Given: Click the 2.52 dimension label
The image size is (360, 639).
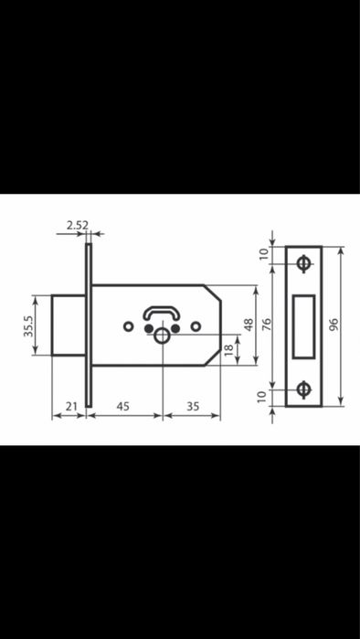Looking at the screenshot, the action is click(x=78, y=226).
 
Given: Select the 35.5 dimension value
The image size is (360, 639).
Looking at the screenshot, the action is click(x=28, y=325).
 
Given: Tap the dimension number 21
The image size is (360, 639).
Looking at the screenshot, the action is click(x=71, y=406).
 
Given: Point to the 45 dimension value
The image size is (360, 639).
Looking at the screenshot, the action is click(x=123, y=406).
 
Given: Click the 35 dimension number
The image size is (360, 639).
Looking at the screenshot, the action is click(x=193, y=406).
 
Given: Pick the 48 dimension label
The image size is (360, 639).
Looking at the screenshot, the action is click(x=249, y=325).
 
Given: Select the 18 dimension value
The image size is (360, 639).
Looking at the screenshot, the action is click(x=228, y=349).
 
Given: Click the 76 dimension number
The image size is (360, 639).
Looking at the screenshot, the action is click(x=266, y=325).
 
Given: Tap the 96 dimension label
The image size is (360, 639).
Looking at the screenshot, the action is click(x=334, y=325).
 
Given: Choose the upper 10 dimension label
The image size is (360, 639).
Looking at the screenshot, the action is click(x=264, y=253).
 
